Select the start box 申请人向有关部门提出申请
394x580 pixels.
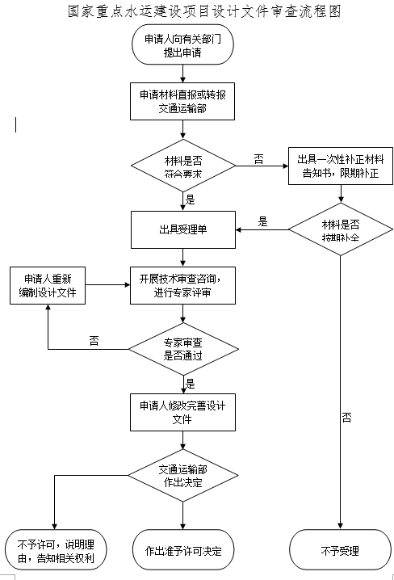(183, 46)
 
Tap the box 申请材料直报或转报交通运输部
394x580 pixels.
(183, 101)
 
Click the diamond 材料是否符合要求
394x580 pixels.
(183, 166)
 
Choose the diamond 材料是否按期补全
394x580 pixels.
(340, 230)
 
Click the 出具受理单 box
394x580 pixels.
(183, 229)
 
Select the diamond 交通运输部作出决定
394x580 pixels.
(183, 477)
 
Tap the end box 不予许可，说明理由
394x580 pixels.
(53, 550)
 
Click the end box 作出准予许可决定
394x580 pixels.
(183, 551)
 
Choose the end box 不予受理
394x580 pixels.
(340, 551)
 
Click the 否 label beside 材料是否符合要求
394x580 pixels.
(258, 159)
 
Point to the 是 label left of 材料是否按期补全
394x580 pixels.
(262, 221)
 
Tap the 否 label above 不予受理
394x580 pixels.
(346, 418)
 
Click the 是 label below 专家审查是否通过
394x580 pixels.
(191, 383)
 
